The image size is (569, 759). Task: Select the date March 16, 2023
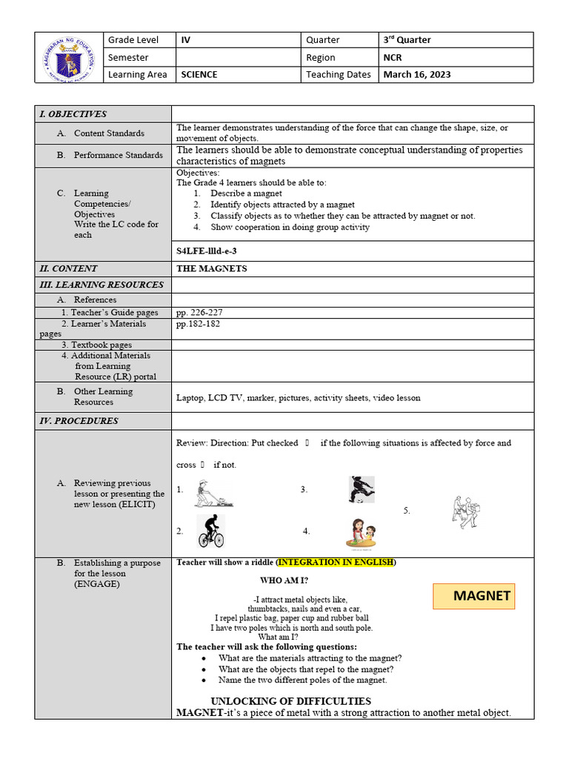click(x=416, y=74)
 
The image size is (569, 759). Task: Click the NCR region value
click(x=393, y=57)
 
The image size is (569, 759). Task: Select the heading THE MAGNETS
click(x=212, y=268)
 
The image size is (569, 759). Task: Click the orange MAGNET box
click(x=473, y=596)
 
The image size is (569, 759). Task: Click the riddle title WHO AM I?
click(x=284, y=580)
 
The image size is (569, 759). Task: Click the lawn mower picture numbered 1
click(x=213, y=493)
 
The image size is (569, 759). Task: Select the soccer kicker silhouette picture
click(x=362, y=490)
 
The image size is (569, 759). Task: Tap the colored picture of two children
click(x=361, y=533)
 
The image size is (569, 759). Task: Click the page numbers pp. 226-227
click(x=199, y=312)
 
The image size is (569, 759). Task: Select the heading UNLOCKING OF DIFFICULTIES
click(x=290, y=701)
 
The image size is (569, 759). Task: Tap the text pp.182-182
click(x=198, y=324)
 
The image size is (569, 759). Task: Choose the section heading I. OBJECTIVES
click(x=73, y=114)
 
